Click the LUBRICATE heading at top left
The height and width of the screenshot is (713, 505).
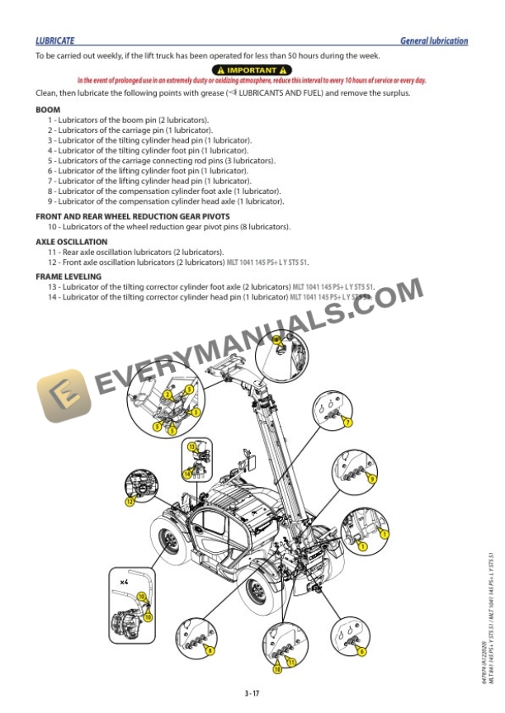tap(55, 40)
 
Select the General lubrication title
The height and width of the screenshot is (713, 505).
tap(433, 40)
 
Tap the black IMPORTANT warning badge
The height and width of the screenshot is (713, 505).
tap(252, 69)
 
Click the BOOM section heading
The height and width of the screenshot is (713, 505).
tap(47, 110)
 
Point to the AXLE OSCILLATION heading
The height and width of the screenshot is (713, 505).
tap(71, 242)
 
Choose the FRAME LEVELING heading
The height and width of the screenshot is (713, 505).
tap(68, 276)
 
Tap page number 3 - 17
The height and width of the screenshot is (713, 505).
tap(252, 692)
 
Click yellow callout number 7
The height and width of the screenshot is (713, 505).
tap(348, 423)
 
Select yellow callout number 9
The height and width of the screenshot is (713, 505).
tap(372, 479)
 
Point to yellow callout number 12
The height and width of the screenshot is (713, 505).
tap(130, 501)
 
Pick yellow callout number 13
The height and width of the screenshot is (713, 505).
tap(191, 446)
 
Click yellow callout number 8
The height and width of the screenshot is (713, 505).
tap(210, 651)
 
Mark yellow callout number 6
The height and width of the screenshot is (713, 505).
tap(361, 652)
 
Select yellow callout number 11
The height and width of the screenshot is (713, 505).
tap(290, 662)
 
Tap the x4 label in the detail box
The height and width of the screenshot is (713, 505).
tap(124, 582)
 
